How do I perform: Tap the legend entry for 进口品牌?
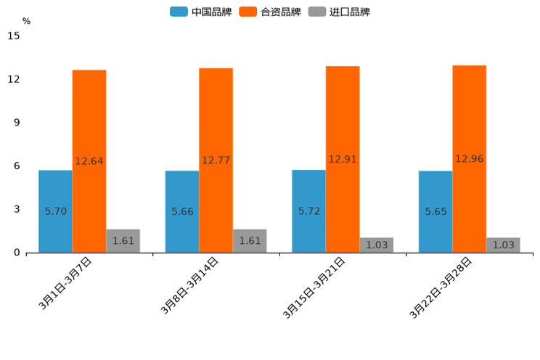339,12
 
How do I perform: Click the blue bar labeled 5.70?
55,211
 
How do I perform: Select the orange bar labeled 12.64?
89,161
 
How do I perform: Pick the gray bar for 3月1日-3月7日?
123,241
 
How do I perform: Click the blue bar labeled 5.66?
182,211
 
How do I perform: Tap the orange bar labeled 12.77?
216,160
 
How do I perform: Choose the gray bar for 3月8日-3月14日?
250,241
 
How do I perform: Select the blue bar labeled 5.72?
308,211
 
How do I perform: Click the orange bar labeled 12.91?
343,159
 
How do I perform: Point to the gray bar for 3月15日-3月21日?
377,245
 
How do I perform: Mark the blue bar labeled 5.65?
435,211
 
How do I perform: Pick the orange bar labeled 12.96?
470,159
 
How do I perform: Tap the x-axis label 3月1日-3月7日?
65,284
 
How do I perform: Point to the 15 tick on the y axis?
14,36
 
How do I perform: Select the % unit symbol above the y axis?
26,21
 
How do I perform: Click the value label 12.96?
470,159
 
